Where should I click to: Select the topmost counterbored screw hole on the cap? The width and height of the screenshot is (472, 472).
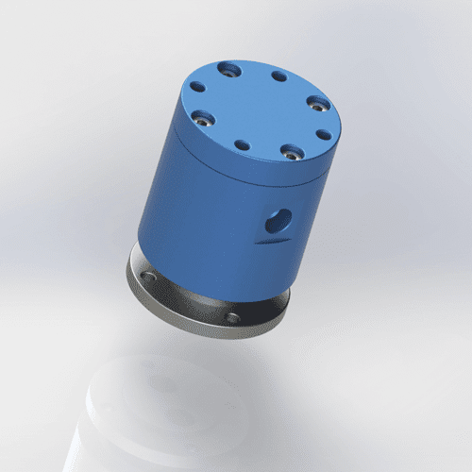point(228,69)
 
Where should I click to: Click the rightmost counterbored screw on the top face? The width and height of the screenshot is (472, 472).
point(319,102)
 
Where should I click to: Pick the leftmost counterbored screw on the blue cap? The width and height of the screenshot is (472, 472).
point(201,118)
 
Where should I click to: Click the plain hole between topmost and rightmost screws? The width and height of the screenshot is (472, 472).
point(278,76)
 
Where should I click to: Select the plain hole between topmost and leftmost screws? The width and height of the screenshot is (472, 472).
point(198,87)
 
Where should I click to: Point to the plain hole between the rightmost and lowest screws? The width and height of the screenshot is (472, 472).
point(323,134)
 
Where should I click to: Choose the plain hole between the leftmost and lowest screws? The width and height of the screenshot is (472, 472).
point(243,145)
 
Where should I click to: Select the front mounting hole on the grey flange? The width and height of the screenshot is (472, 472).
point(232,318)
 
